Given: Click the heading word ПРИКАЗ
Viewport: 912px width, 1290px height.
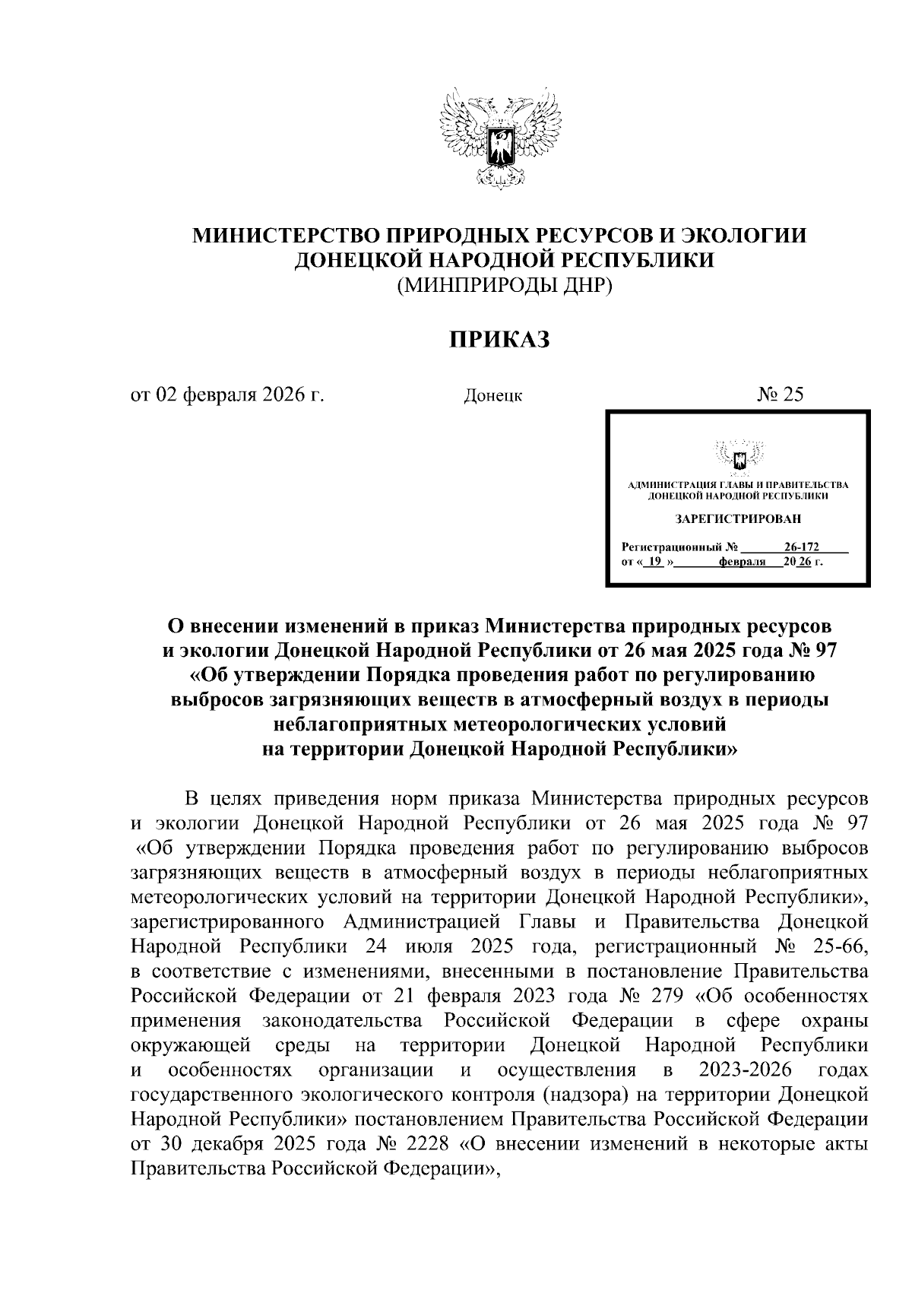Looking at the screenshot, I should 499,340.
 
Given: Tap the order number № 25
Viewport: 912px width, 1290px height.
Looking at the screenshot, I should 779,395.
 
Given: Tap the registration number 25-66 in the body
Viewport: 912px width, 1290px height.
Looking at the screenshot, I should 839,946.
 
